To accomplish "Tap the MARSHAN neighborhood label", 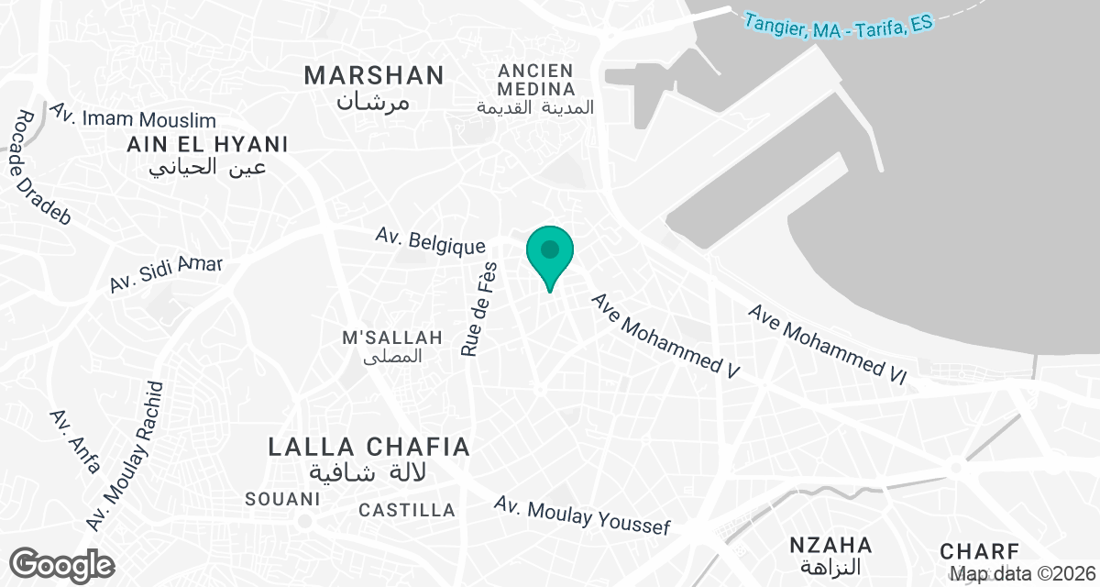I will (x=374, y=75).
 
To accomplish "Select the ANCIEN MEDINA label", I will (x=536, y=80).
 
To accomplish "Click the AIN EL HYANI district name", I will (x=208, y=144).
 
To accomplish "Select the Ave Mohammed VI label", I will (x=827, y=344).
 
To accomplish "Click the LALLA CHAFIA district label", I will (x=368, y=448).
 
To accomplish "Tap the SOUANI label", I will (x=282, y=500).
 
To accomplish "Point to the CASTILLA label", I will (x=407, y=510).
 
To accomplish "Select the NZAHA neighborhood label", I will (x=831, y=546).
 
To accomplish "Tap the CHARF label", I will (x=979, y=551).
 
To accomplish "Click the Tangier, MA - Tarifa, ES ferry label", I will (x=838, y=24).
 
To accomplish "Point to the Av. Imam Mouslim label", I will (x=134, y=116).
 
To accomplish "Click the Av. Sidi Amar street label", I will (x=166, y=274).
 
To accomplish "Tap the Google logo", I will (x=62, y=564).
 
